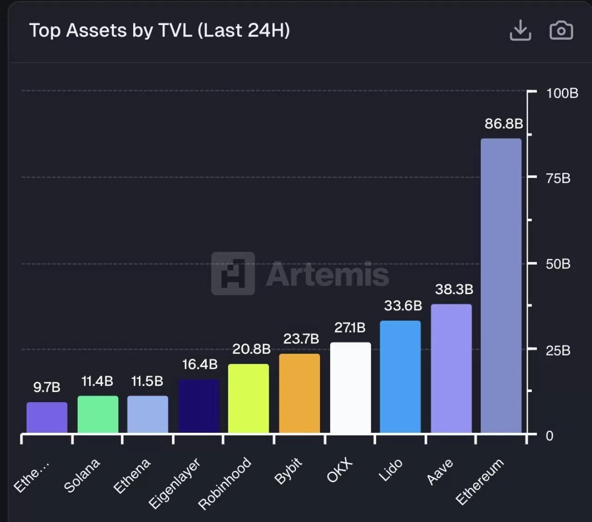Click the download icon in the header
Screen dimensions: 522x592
(520, 31)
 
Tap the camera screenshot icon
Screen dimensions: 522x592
(561, 31)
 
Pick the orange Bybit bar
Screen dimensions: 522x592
(300, 393)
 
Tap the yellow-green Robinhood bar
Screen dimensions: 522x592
(248, 399)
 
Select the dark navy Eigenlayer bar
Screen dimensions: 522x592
(199, 406)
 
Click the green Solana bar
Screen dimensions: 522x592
(98, 414)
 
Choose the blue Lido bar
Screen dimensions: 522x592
(401, 377)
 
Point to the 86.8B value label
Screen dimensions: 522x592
(504, 124)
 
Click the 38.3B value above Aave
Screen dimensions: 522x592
(454, 289)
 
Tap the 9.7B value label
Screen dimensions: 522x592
(47, 387)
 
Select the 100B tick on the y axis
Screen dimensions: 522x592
(562, 93)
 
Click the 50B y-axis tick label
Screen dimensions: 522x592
(558, 264)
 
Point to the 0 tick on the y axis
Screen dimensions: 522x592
(549, 436)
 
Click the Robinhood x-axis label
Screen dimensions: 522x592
(225, 483)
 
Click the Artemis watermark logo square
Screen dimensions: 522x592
(233, 274)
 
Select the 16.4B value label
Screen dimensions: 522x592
(200, 364)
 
